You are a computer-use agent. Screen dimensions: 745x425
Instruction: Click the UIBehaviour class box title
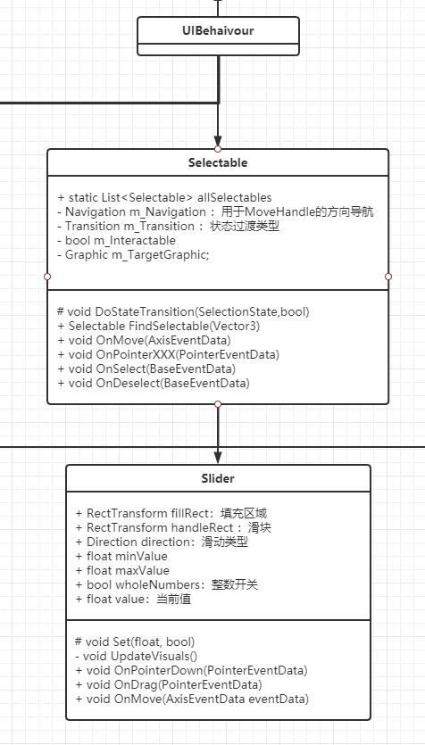[218, 31]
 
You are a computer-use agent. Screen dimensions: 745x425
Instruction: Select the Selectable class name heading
[218, 162]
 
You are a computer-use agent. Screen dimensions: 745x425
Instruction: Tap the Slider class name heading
[218, 478]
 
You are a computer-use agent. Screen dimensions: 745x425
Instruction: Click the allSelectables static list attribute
[164, 197]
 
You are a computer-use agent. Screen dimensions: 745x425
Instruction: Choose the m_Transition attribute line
[168, 226]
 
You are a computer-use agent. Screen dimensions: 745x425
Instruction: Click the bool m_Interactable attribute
[121, 240]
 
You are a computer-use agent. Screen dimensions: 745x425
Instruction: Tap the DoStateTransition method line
[182, 311]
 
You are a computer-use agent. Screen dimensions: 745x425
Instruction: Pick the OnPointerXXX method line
[168, 354]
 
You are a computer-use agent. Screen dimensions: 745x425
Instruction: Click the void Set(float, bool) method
[135, 642]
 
